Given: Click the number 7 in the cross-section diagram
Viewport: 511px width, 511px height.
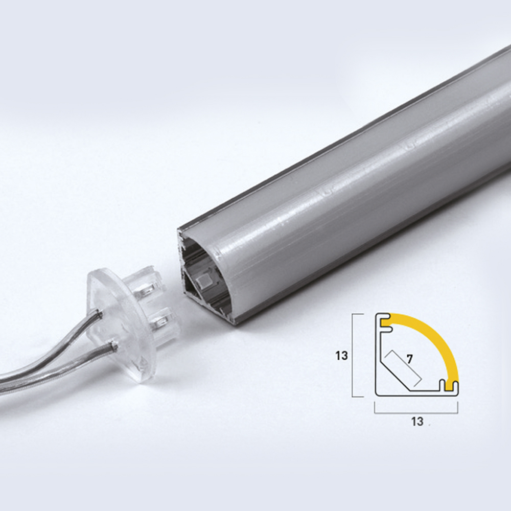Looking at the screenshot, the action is [x=410, y=359].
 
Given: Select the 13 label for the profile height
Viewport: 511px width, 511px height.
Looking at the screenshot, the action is [x=341, y=356].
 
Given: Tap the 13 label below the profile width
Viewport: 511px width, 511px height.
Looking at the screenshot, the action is [x=417, y=422].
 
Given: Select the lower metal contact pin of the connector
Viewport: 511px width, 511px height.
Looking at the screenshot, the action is [x=162, y=321].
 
